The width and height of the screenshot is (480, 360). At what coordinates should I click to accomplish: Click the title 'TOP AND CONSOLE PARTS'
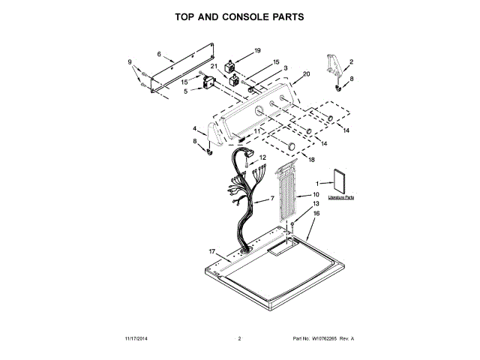click(239, 16)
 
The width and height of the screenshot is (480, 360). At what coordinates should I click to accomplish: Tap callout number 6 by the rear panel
click(159, 53)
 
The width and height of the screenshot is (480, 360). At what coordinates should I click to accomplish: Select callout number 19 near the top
click(257, 50)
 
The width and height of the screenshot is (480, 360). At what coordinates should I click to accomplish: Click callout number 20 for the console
click(306, 74)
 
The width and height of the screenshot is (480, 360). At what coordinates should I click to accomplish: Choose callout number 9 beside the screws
click(129, 61)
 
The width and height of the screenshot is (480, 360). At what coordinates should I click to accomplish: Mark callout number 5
click(185, 91)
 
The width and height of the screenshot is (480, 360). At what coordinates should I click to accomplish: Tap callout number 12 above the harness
click(262, 157)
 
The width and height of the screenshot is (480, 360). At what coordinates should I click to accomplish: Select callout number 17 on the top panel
click(212, 251)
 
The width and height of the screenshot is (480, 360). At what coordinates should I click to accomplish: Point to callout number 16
click(316, 214)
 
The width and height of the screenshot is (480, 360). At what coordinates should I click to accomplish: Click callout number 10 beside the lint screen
click(316, 194)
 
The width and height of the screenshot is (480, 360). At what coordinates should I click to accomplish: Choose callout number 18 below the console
click(311, 160)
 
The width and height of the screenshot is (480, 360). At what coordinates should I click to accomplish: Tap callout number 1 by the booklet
click(317, 183)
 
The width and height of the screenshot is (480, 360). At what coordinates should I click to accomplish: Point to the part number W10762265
click(334, 339)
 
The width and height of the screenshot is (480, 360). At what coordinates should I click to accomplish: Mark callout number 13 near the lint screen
click(316, 204)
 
